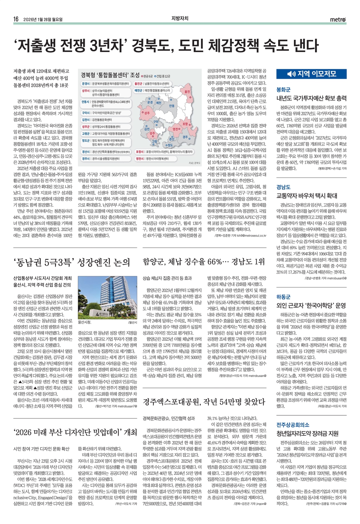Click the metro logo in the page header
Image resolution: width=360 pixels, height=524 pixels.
[338, 19]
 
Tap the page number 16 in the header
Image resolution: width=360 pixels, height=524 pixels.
[16, 19]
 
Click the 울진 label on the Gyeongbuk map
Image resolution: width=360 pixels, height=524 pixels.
[187, 91]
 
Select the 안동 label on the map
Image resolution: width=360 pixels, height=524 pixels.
[172, 106]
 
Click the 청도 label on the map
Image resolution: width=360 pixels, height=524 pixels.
[170, 145]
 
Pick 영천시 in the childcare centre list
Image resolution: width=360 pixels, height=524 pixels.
[140, 159]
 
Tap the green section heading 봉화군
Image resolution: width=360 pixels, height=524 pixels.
[283, 89]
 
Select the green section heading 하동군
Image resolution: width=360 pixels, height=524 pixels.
[283, 297]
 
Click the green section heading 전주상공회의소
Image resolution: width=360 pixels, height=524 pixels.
[293, 424]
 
